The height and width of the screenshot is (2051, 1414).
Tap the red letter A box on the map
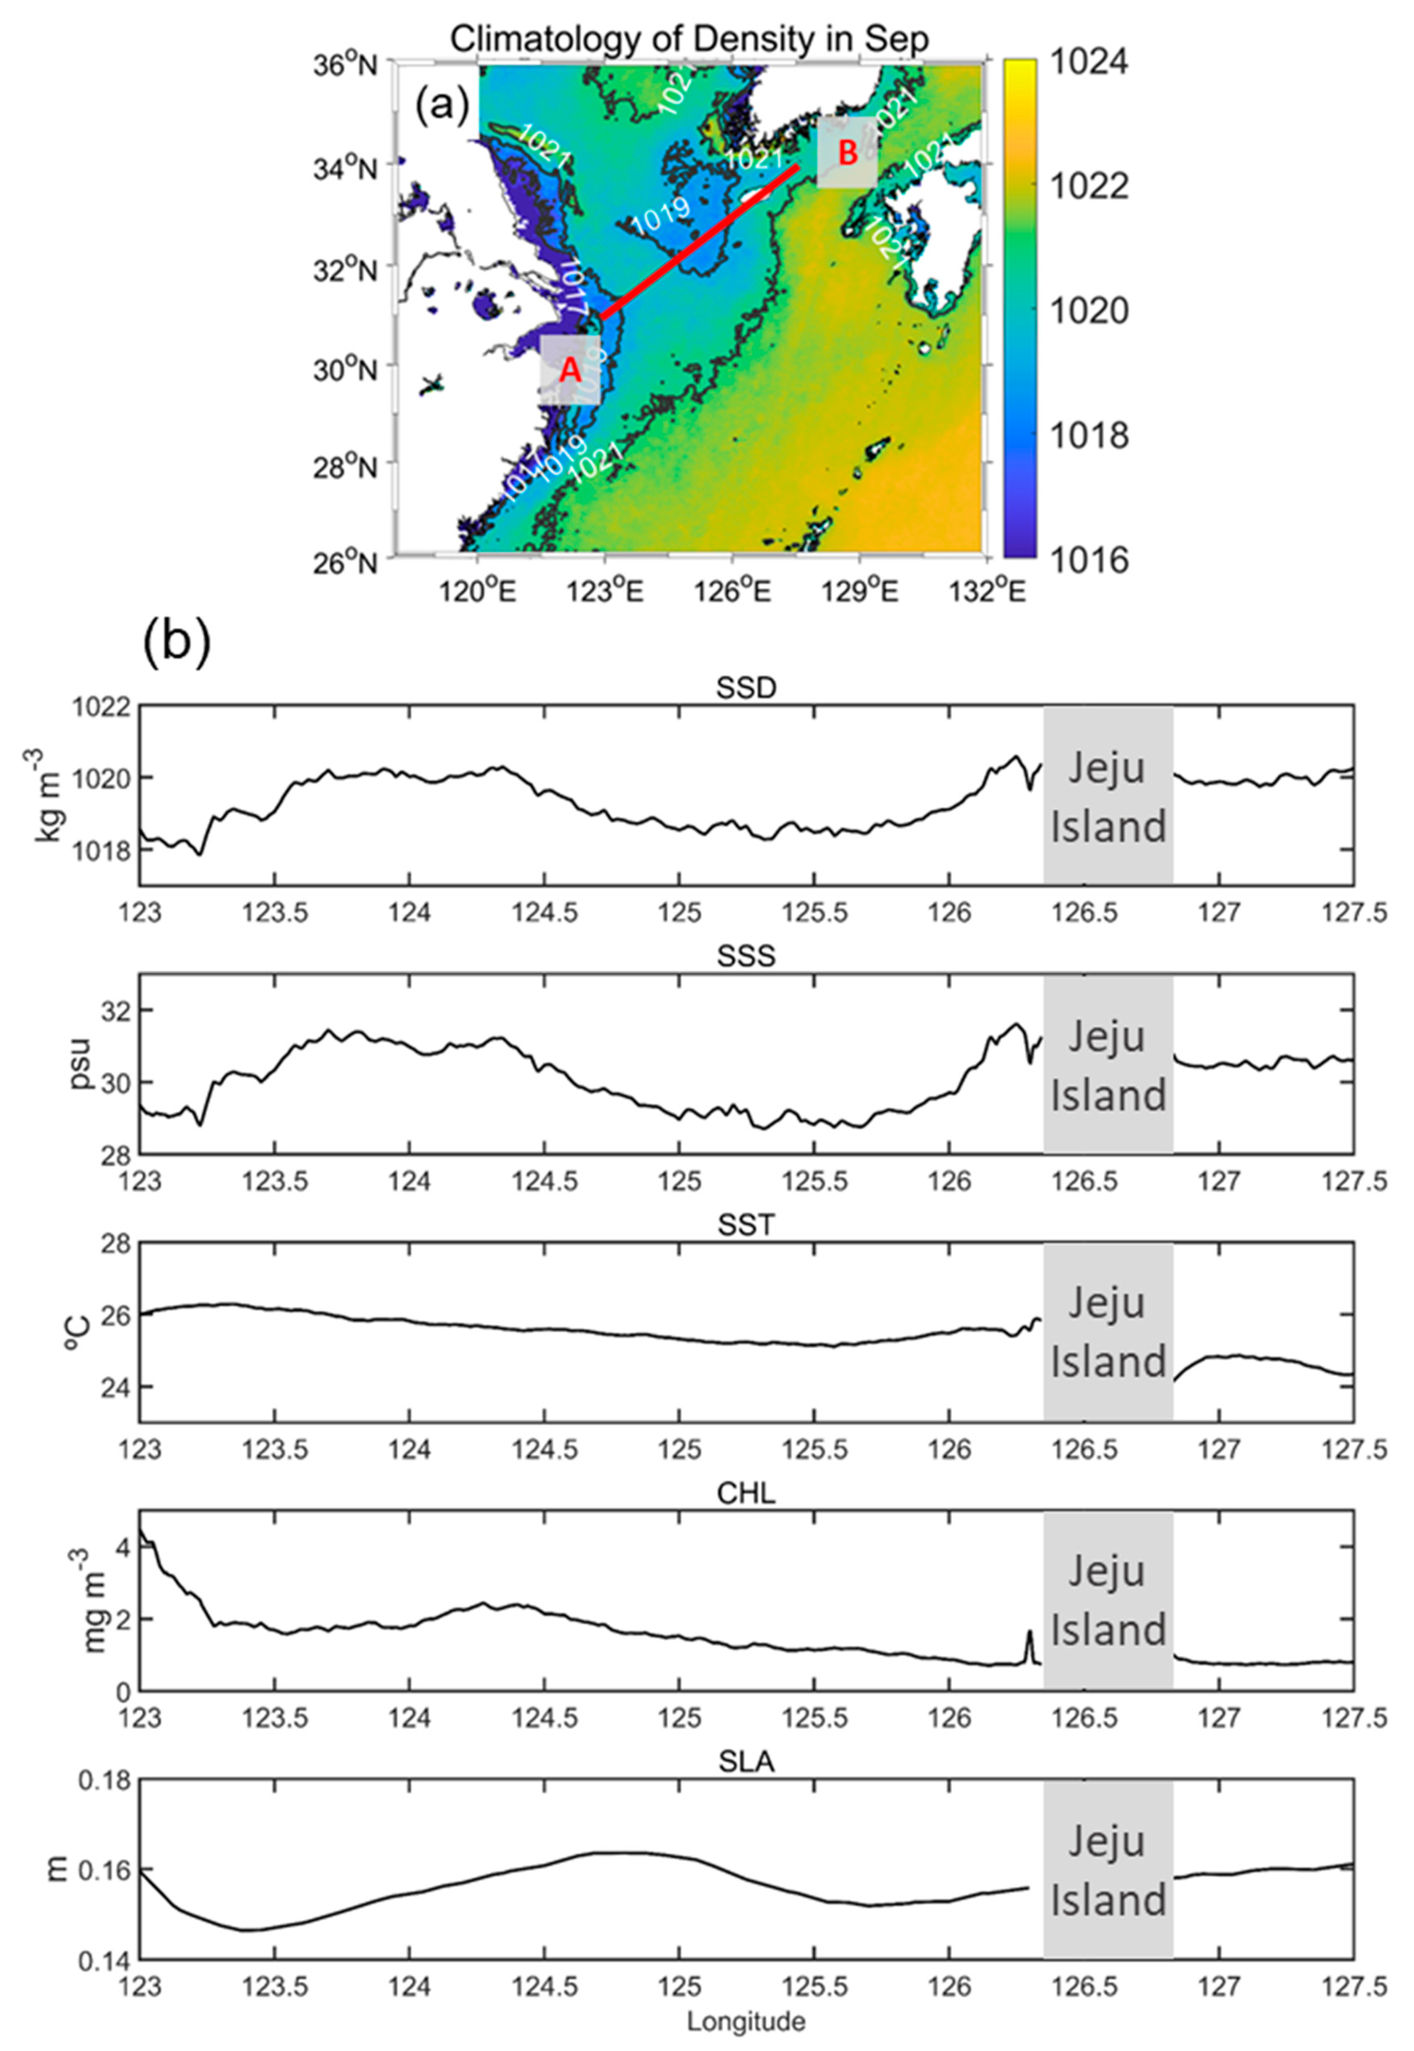[x=570, y=370]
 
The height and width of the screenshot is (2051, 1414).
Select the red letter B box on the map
[x=847, y=153]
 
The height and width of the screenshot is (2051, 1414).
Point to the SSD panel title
[x=747, y=689]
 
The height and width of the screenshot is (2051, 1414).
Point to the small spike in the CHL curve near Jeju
[x=1030, y=1633]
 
